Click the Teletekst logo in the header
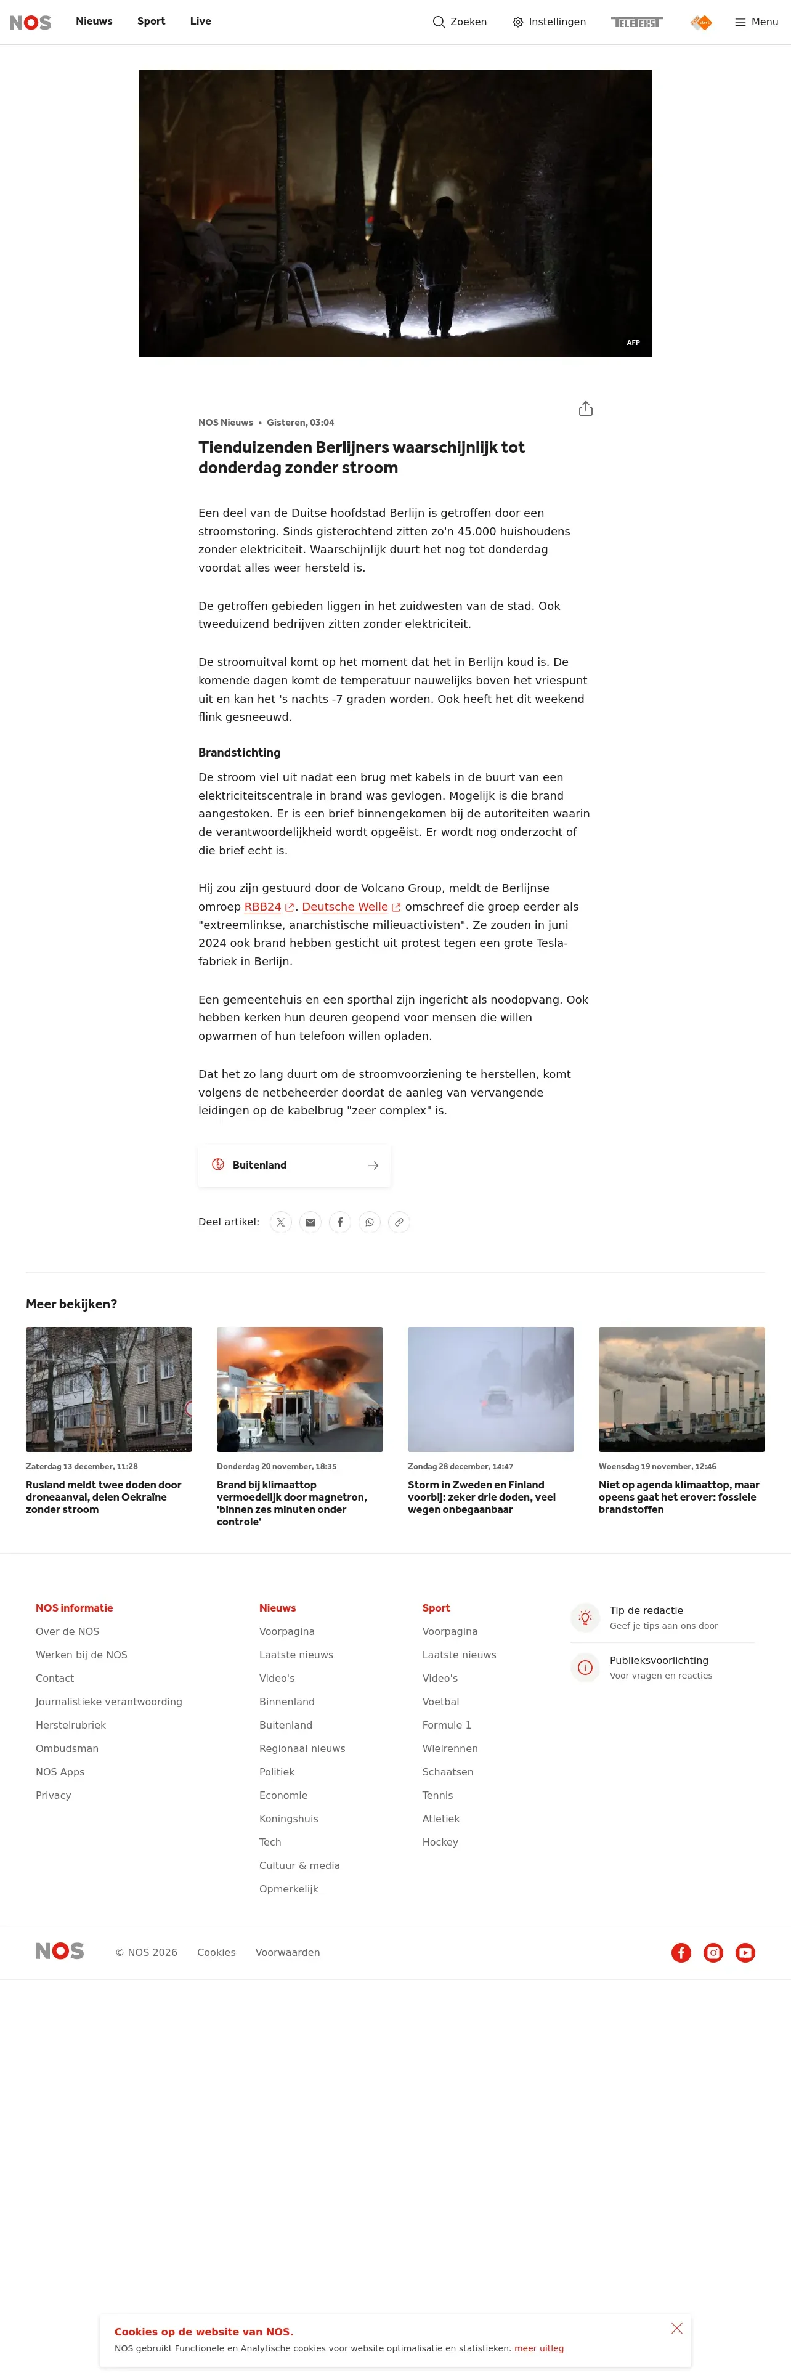pos(636,22)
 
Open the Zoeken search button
pos(460,22)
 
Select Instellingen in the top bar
pos(549,22)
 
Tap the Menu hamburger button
pos(756,22)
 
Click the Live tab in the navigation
pos(200,21)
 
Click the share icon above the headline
pos(586,409)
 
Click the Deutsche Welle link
pos(346,906)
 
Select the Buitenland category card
pos(294,1166)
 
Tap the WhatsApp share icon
pos(369,1222)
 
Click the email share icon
pos(310,1222)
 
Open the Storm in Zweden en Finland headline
pos(482,1497)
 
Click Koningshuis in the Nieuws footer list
pos(288,1819)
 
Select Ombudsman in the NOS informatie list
pos(67,1748)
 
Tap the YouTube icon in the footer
pos(745,1953)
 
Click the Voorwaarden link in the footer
pos(287,1953)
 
